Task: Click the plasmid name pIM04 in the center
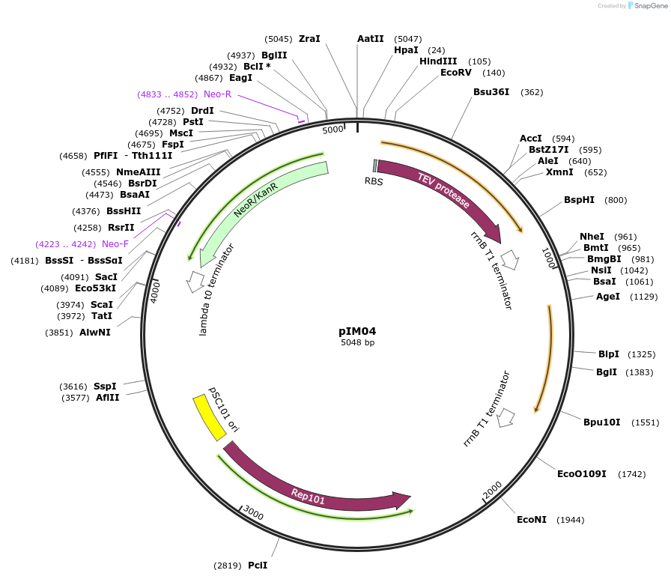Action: (x=356, y=330)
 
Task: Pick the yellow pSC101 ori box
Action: (x=209, y=418)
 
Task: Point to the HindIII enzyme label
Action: (x=438, y=61)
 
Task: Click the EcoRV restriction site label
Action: (x=455, y=73)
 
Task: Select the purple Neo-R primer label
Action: (x=217, y=94)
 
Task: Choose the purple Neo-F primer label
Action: (x=115, y=244)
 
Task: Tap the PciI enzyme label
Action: (x=258, y=566)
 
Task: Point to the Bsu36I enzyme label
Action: (x=491, y=92)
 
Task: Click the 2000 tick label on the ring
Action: (x=493, y=489)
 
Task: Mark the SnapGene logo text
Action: (x=649, y=6)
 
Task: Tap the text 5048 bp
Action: (x=357, y=342)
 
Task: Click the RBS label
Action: (x=374, y=181)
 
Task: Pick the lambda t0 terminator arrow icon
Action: (x=195, y=282)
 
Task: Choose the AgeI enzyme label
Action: (x=607, y=297)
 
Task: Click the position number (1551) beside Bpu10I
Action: (x=645, y=422)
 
